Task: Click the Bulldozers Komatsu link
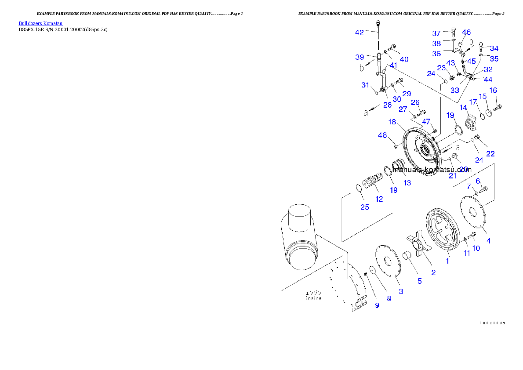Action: [40, 23]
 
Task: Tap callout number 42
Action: [360, 32]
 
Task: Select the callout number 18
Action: [392, 122]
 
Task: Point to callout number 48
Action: [382, 136]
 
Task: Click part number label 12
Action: [379, 199]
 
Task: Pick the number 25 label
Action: [365, 207]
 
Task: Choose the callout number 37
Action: [436, 33]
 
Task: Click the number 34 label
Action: [494, 48]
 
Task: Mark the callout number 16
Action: [494, 90]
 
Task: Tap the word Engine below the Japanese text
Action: [313, 298]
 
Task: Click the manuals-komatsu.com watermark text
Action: [432, 170]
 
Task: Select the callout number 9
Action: [377, 305]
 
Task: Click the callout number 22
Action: [490, 153]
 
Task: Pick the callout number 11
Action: [467, 253]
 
